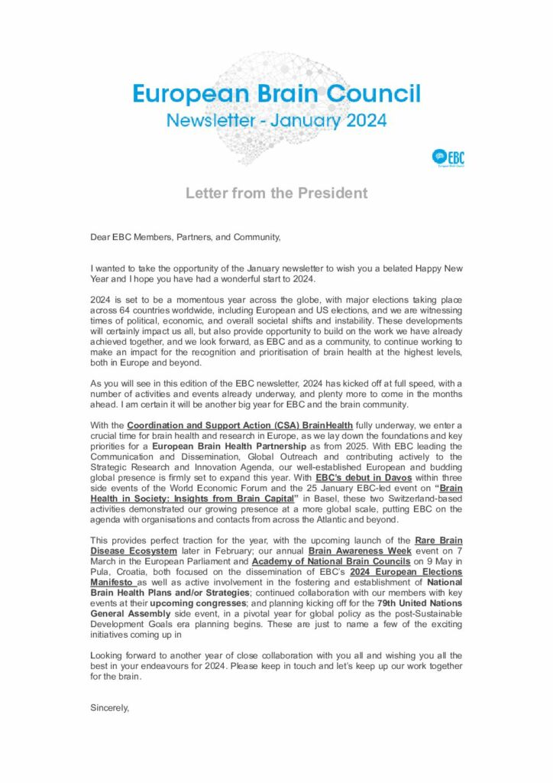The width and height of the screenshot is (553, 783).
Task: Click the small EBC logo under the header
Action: point(448,158)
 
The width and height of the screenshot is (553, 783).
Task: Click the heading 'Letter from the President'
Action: point(276,193)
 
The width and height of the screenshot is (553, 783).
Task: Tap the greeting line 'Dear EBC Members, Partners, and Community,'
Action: point(186,237)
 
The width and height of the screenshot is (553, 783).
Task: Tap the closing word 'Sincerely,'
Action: point(110,708)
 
